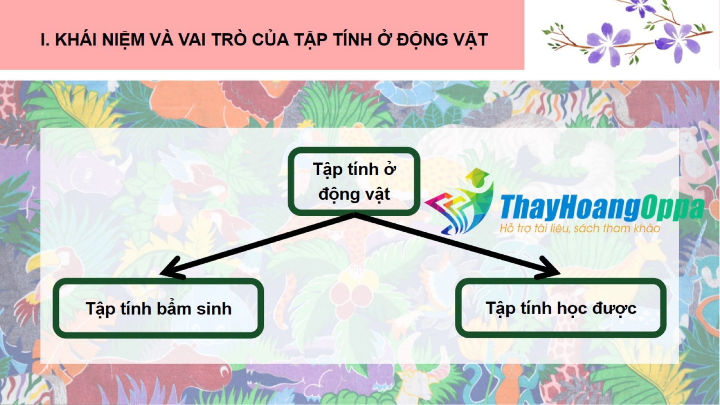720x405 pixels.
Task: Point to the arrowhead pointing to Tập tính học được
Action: coord(549,268)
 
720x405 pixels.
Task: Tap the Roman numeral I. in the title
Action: coord(45,40)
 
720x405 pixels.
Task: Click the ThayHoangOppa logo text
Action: coord(602,207)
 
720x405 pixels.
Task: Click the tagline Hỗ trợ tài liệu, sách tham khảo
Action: coord(580,228)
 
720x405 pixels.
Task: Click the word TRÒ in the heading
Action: coord(229,39)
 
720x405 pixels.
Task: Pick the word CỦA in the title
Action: coord(270,39)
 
